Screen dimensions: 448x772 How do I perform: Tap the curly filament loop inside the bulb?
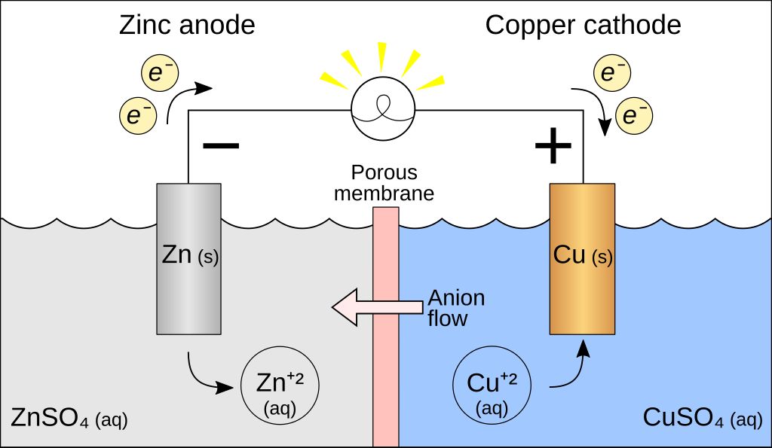[384, 106]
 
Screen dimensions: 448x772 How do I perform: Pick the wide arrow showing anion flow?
[377, 307]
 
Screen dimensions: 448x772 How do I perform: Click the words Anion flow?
[455, 308]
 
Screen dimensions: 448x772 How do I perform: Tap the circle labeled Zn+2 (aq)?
[280, 391]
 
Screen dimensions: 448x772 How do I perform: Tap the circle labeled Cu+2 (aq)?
[492, 391]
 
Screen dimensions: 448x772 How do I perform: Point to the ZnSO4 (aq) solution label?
[69, 418]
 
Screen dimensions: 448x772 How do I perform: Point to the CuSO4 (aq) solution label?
[702, 418]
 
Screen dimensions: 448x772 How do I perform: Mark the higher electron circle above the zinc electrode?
[161, 73]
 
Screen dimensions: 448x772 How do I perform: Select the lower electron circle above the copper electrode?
[634, 116]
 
